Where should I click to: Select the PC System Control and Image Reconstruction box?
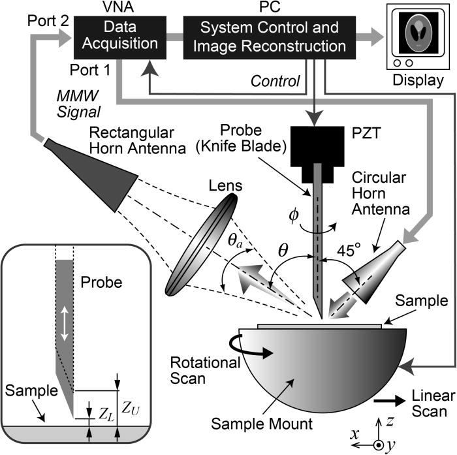click(269, 37)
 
